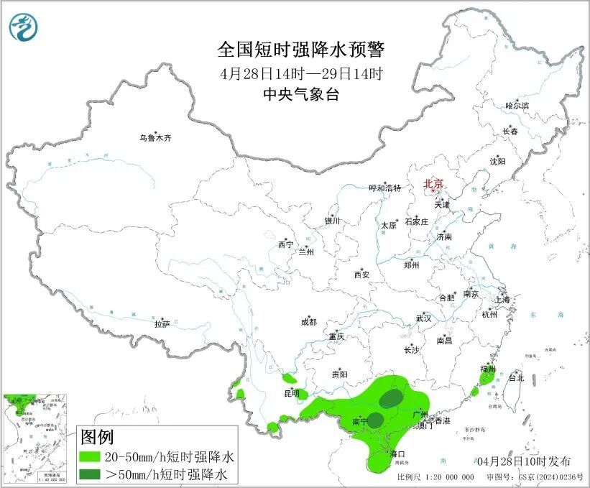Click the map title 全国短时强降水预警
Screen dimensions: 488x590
301,50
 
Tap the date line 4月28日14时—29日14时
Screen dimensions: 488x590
301,73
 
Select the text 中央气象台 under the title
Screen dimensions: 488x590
301,94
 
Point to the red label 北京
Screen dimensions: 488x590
433,184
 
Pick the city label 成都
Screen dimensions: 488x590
309,323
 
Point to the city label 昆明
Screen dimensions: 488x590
291,394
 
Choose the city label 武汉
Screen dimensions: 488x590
423,318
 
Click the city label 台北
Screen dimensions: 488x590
516,377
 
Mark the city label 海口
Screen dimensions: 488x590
397,454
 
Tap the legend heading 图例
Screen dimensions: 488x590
97,437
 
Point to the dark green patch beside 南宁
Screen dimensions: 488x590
375,420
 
